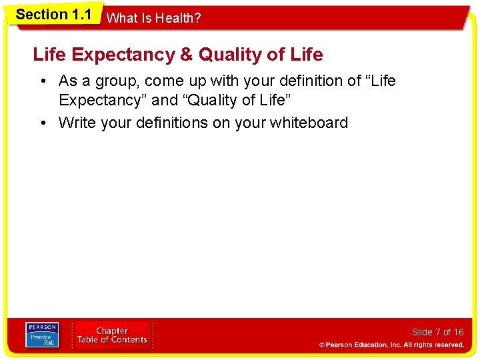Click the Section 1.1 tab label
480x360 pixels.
pyautogui.click(x=53, y=15)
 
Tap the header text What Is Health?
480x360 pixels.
pyautogui.click(x=153, y=19)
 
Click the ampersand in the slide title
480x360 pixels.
pyautogui.click(x=187, y=55)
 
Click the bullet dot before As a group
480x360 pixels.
pyautogui.click(x=42, y=81)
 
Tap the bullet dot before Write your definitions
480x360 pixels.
pyautogui.click(x=42, y=123)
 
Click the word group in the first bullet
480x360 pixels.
pyautogui.click(x=121, y=81)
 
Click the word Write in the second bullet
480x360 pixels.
pyautogui.click(x=76, y=123)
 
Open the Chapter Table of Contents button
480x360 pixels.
pyautogui.click(x=112, y=335)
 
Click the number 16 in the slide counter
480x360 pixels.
pyautogui.click(x=458, y=332)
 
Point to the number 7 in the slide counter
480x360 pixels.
pyautogui.click(x=437, y=332)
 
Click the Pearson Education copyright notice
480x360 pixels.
pyautogui.click(x=391, y=345)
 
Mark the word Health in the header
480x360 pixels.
pyautogui.click(x=179, y=19)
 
